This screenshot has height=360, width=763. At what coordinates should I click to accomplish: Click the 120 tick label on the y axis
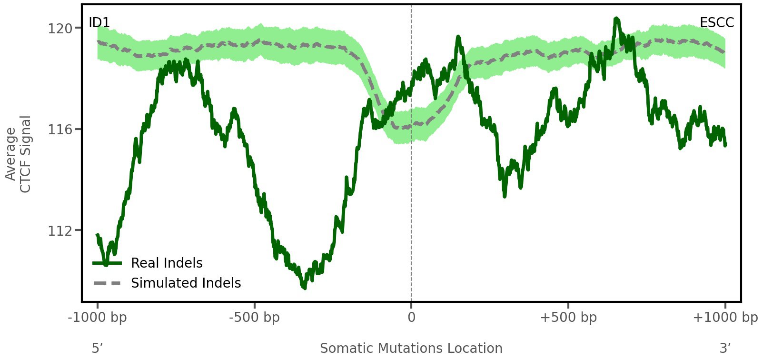pyautogui.click(x=60, y=29)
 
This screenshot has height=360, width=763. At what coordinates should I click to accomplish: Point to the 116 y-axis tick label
pyautogui.click(x=60, y=130)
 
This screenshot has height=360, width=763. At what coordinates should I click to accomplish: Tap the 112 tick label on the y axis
pyautogui.click(x=60, y=231)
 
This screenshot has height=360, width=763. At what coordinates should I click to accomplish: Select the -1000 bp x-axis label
pyautogui.click(x=98, y=318)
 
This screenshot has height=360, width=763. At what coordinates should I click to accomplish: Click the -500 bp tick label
pyautogui.click(x=255, y=318)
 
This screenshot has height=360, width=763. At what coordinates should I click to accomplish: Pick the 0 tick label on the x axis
pyautogui.click(x=411, y=318)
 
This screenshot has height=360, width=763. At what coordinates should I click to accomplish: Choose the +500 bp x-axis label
pyautogui.click(x=568, y=318)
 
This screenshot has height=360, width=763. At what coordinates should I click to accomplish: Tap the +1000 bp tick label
pyautogui.click(x=725, y=318)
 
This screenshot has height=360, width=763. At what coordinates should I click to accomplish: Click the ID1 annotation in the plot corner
pyautogui.click(x=99, y=23)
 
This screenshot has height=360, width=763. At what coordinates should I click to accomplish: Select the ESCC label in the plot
pyautogui.click(x=717, y=23)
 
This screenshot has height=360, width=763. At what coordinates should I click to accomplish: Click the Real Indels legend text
pyautogui.click(x=167, y=263)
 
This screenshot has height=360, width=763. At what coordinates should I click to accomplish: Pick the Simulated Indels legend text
pyautogui.click(x=186, y=283)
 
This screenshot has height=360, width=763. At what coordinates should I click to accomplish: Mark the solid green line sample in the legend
pyautogui.click(x=108, y=263)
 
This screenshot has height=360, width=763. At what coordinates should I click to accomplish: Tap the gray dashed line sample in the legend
pyautogui.click(x=108, y=283)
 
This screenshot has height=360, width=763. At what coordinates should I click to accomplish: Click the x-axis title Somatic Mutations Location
pyautogui.click(x=411, y=348)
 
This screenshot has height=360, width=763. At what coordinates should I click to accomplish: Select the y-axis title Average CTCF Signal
pyautogui.click(x=19, y=154)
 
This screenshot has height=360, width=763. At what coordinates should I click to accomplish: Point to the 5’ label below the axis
pyautogui.click(x=98, y=348)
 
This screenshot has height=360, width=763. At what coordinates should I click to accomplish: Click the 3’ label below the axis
pyautogui.click(x=725, y=348)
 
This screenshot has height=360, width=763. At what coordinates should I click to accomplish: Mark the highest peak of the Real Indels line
pyautogui.click(x=616, y=19)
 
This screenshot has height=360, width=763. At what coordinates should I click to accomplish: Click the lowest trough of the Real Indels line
pyautogui.click(x=304, y=287)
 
